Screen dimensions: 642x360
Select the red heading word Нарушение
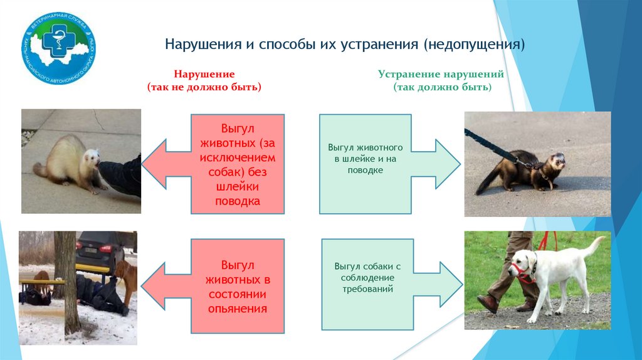coord(204,74)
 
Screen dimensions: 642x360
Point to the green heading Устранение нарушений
coord(441,74)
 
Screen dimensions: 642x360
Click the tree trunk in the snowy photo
coord(67,282)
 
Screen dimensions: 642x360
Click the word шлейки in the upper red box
coord(237,186)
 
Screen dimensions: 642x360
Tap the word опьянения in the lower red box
coord(236,309)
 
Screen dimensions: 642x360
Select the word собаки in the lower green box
coord(376,266)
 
